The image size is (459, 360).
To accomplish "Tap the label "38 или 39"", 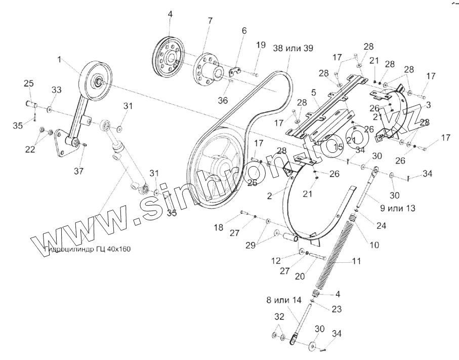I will tap(293, 48).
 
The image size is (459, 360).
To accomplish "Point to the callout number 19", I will tap(260, 45).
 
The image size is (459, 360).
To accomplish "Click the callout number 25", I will tap(29, 83).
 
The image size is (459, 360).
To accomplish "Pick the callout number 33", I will tap(56, 90).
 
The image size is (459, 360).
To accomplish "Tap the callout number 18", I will tap(218, 228).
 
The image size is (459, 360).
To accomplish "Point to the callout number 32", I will tap(279, 316).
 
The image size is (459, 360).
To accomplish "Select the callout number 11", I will tap(357, 261).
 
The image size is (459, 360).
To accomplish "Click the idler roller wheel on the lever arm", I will tap(95, 79).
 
